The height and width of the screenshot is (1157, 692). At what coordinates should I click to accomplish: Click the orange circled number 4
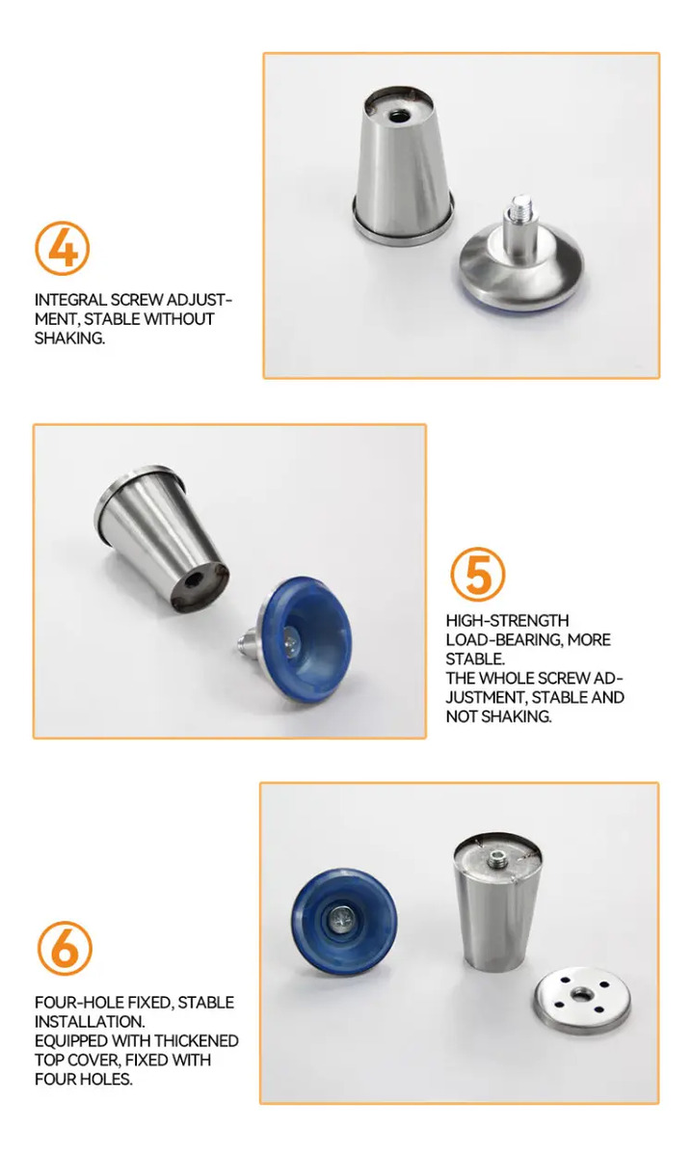tap(62, 249)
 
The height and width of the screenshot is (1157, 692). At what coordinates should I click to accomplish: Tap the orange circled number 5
tap(478, 575)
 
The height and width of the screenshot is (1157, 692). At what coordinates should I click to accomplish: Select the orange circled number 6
tap(65, 948)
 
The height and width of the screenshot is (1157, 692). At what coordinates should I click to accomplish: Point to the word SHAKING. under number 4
tap(69, 338)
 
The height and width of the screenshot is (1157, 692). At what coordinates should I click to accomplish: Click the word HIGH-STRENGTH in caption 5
tap(507, 620)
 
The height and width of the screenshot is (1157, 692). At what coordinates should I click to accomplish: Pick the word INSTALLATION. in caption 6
tap(90, 1022)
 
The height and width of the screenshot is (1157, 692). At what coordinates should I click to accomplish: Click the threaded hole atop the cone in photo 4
tap(397, 116)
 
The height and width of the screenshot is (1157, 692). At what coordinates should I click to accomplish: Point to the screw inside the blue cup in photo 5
tap(292, 642)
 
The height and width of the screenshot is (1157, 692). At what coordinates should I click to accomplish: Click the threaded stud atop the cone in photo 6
tap(498, 858)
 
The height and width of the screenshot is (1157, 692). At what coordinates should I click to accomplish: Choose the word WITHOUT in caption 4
tap(178, 319)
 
